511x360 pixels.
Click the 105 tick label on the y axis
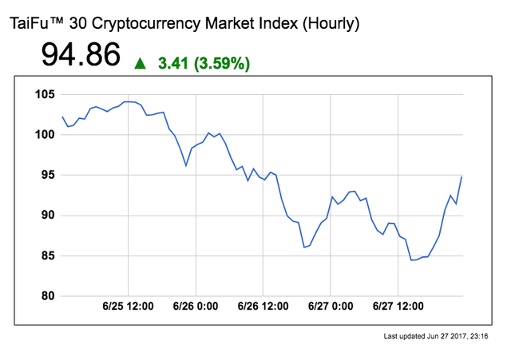coord(44,94)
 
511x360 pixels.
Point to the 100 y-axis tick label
coord(44,134)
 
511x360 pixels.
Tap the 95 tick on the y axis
coord(47,175)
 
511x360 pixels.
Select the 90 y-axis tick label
coord(47,215)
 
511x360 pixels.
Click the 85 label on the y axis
coord(47,255)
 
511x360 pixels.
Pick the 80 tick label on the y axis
coord(47,296)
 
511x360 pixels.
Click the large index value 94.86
coord(81,56)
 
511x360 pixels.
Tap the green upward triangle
coord(141,63)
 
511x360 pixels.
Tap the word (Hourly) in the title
coord(330,24)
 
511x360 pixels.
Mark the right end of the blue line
coord(461,176)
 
